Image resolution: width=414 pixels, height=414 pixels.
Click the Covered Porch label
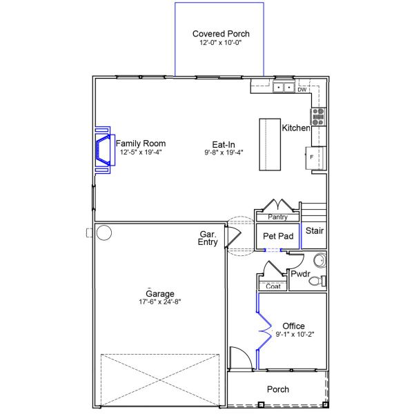(x=221, y=34)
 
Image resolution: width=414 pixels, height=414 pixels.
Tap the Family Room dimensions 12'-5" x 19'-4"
(x=141, y=152)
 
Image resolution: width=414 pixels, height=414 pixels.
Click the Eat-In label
(x=224, y=144)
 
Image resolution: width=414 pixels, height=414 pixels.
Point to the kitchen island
(x=270, y=144)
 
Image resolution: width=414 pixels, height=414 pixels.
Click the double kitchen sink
(x=284, y=87)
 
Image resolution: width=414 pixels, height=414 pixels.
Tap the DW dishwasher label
(x=302, y=90)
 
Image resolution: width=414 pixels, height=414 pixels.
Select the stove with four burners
(x=318, y=117)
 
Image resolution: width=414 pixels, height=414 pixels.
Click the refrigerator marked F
(x=316, y=158)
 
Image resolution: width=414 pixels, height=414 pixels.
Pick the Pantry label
(x=277, y=217)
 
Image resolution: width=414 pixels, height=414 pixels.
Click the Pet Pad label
(x=278, y=236)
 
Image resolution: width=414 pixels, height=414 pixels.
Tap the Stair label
(x=315, y=230)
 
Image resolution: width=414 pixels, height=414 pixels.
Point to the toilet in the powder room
(x=317, y=281)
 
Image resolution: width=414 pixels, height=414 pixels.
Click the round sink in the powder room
(x=320, y=260)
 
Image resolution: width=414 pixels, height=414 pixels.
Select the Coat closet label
(x=273, y=286)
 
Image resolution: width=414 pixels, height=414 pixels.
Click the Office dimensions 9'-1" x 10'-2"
(x=295, y=334)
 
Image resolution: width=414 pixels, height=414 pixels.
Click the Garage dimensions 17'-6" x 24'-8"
(x=160, y=302)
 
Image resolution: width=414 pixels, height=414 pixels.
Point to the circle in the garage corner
(x=104, y=233)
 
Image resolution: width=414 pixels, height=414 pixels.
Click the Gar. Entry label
(x=208, y=238)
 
